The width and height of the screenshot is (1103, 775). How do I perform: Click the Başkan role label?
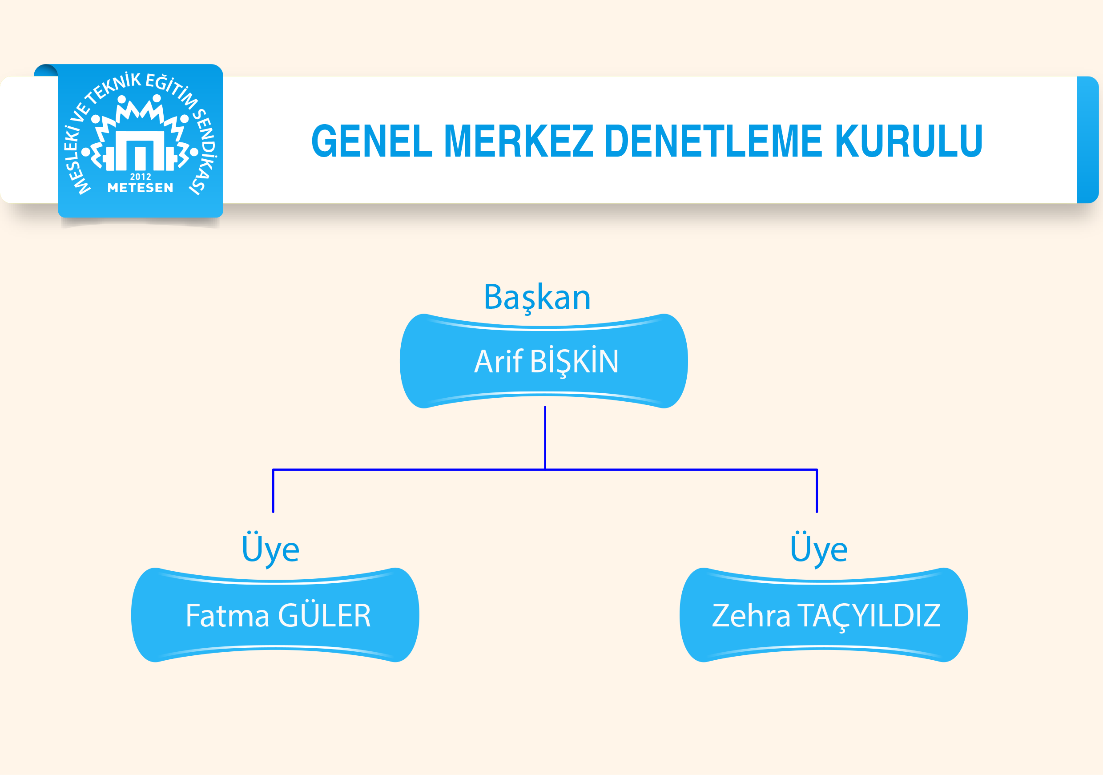[537, 298]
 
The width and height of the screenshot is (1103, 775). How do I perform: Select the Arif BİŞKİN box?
[544, 361]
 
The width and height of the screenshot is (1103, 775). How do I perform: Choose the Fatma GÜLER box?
[275, 615]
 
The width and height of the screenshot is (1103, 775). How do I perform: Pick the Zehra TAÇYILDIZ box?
[823, 615]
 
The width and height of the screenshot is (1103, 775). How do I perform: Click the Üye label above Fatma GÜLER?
[270, 549]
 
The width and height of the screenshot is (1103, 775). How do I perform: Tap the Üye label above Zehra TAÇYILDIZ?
[819, 549]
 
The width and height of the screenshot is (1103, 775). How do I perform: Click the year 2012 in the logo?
[140, 177]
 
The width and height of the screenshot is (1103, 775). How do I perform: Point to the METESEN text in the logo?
[140, 187]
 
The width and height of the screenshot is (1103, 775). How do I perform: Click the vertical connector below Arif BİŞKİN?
[545, 438]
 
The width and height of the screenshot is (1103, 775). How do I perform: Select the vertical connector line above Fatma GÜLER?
[274, 491]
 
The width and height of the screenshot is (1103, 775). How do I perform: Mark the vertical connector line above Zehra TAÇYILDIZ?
[817, 491]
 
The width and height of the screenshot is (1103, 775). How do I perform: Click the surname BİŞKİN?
[575, 361]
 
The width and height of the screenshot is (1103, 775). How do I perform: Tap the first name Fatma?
[227, 615]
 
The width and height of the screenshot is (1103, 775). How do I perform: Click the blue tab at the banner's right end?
[1087, 140]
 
